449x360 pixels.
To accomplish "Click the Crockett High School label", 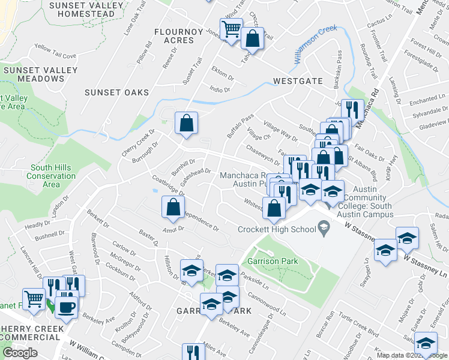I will pos(277,229).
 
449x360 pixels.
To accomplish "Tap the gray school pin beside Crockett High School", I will pos(324,227).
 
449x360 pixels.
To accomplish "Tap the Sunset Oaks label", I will pos(116,92).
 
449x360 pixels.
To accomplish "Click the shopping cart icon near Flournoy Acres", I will pos(231,29).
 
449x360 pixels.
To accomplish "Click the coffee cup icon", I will pos(67,306).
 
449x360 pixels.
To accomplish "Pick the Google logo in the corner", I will pos(20,353).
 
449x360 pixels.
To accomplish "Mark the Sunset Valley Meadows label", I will pos(40,74).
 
